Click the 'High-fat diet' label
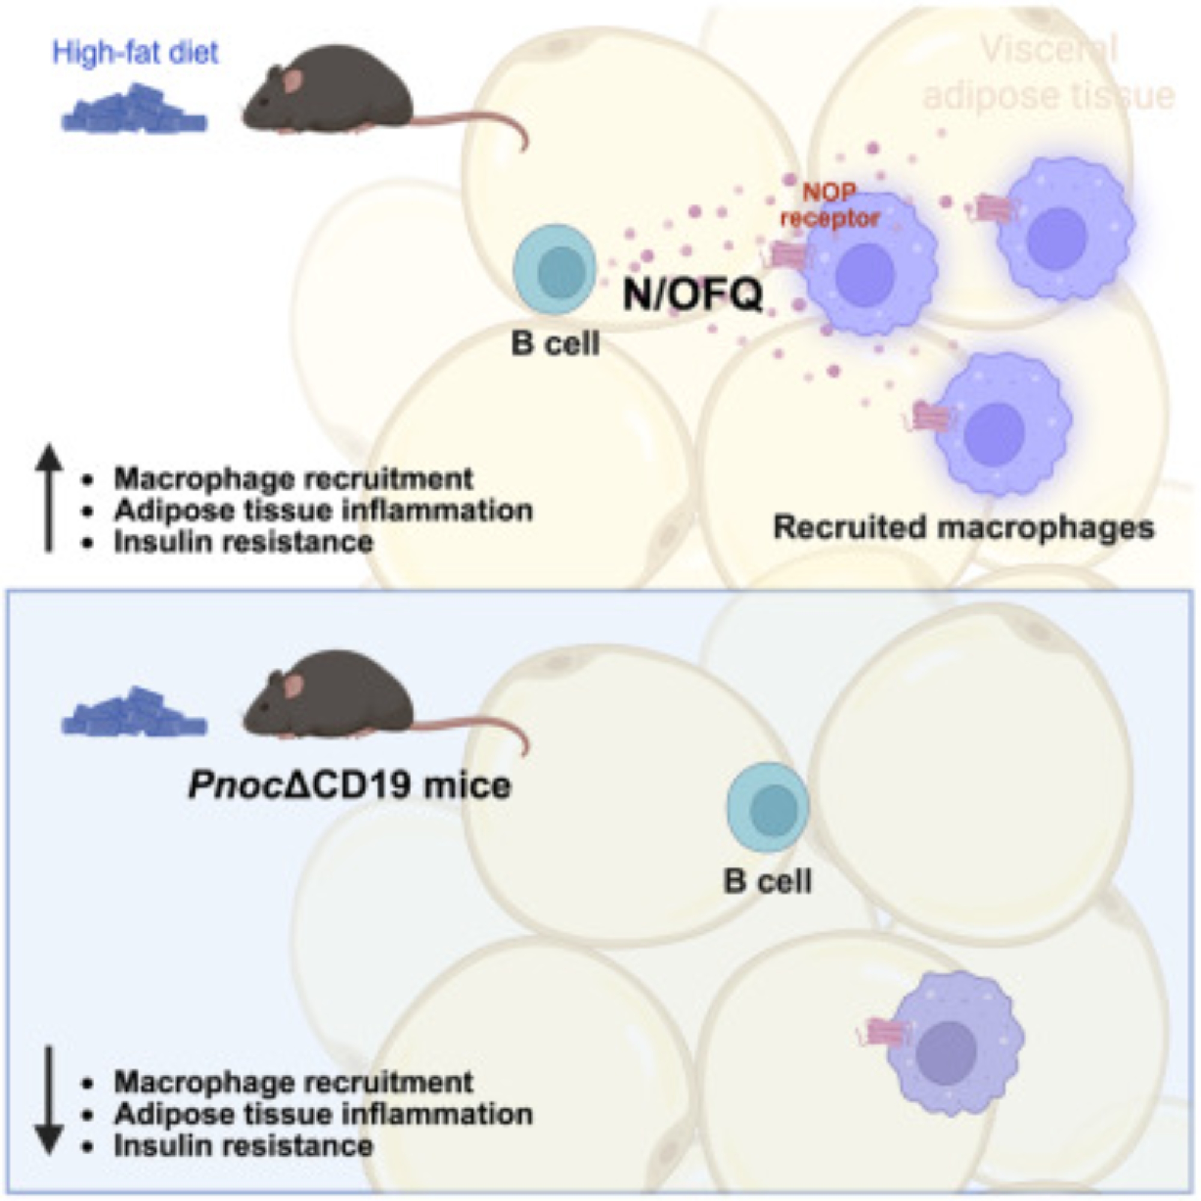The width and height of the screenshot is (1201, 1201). [x=136, y=52]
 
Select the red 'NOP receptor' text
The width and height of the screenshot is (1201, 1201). [x=830, y=205]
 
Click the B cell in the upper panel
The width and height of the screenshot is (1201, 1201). [x=553, y=269]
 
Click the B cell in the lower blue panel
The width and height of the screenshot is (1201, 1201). [x=767, y=807]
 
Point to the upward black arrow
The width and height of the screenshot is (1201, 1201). [x=49, y=497]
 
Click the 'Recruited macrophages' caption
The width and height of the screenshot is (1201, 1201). [x=964, y=528]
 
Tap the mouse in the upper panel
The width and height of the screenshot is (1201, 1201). [x=330, y=93]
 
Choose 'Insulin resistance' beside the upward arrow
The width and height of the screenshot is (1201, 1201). [x=243, y=542]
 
